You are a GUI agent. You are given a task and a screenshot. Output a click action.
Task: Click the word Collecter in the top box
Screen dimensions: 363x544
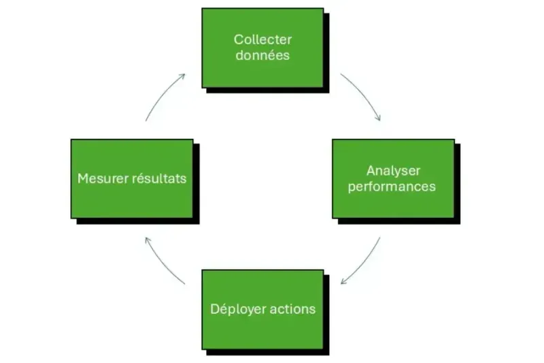click(262, 40)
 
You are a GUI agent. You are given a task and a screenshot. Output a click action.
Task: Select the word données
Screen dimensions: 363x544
click(262, 55)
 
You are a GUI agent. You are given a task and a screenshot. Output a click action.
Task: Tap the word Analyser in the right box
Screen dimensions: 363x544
click(392, 170)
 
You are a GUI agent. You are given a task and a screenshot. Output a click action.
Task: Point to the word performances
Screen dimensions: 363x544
click(392, 186)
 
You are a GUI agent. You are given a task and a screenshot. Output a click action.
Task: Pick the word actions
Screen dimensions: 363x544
click(292, 309)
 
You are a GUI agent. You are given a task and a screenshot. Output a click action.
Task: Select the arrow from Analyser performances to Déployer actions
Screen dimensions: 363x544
click(364, 263)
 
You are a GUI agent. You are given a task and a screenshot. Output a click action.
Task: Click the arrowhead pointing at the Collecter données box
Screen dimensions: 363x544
click(182, 76)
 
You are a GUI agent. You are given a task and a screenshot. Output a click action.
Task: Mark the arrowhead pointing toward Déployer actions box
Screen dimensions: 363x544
click(344, 281)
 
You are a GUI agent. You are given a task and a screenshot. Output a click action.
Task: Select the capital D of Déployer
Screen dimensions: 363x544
click(214, 309)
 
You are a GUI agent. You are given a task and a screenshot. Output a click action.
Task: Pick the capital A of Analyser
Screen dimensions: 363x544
click(371, 170)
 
